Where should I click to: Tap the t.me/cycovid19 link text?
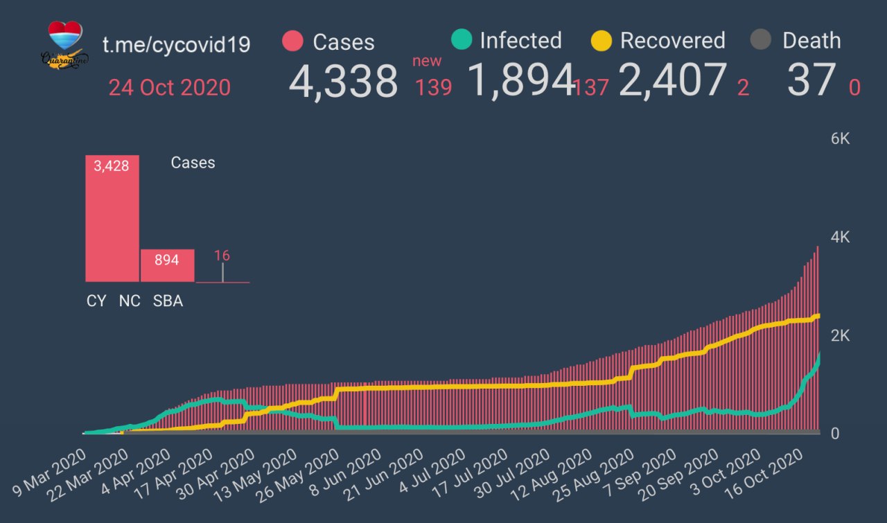coord(176,44)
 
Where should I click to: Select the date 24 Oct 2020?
coord(169,88)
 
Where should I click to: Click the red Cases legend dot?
coord(293,41)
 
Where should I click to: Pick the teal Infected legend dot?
coord(461,39)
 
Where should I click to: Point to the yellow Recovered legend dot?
coord(601,39)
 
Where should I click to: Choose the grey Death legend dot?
coord(760,39)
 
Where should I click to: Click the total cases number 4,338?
coord(343,82)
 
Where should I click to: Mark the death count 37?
coord(810,80)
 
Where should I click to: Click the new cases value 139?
coord(434,87)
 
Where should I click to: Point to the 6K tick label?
coord(840,139)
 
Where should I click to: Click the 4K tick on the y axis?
coord(840,237)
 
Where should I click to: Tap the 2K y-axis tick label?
coord(840,335)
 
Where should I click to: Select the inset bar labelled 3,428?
coord(112,218)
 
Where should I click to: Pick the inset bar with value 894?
coord(167,265)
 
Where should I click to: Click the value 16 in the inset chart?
coord(222,256)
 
